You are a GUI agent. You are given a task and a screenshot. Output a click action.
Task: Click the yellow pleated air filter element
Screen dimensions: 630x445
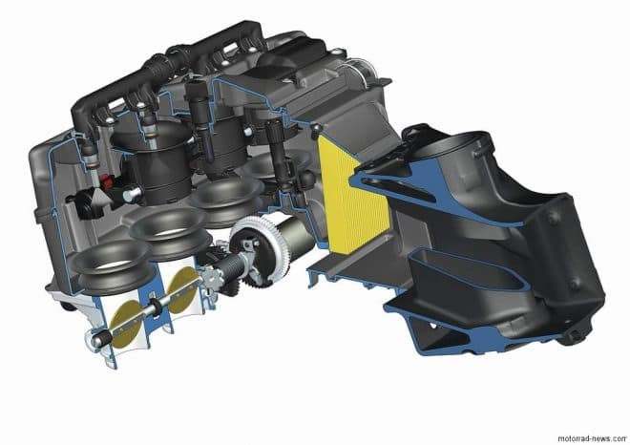tap(353, 197)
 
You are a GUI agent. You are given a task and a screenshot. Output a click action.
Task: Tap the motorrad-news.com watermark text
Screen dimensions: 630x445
tap(593, 438)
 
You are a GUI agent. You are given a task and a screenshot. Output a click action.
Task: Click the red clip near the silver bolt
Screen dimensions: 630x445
tap(107, 181)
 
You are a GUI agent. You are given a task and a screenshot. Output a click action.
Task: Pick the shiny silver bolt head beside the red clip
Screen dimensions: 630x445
tap(131, 193)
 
